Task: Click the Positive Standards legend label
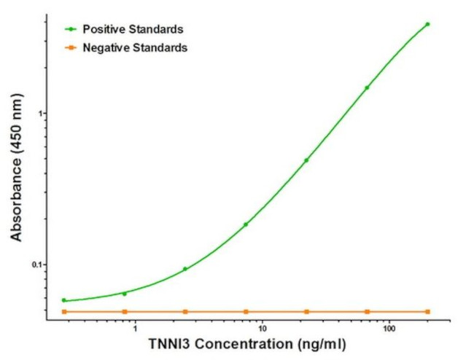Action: point(132,29)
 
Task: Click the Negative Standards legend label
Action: point(134,47)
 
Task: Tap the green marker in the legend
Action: point(71,29)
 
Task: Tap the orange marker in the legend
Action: point(71,47)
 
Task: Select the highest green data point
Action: point(427,24)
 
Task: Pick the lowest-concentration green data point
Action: point(64,300)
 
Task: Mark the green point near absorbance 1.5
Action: point(367,87)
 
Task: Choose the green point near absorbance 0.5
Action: point(306,160)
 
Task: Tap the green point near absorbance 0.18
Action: point(246,224)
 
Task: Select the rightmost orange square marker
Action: point(427,312)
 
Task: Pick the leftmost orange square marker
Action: point(64,312)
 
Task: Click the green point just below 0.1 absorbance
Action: point(185,269)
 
